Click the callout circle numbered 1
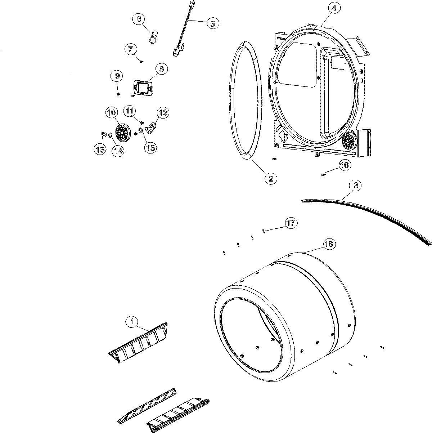[x=132, y=321]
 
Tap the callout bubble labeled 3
[x=356, y=186]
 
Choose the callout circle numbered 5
[x=212, y=23]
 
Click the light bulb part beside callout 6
[x=153, y=37]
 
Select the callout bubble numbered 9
[x=117, y=76]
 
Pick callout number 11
[x=130, y=111]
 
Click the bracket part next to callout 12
[x=152, y=128]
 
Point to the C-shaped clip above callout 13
[x=103, y=135]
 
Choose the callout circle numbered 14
[x=117, y=151]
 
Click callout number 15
[x=151, y=147]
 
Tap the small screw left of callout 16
[x=323, y=175]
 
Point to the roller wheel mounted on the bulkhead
[x=349, y=141]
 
